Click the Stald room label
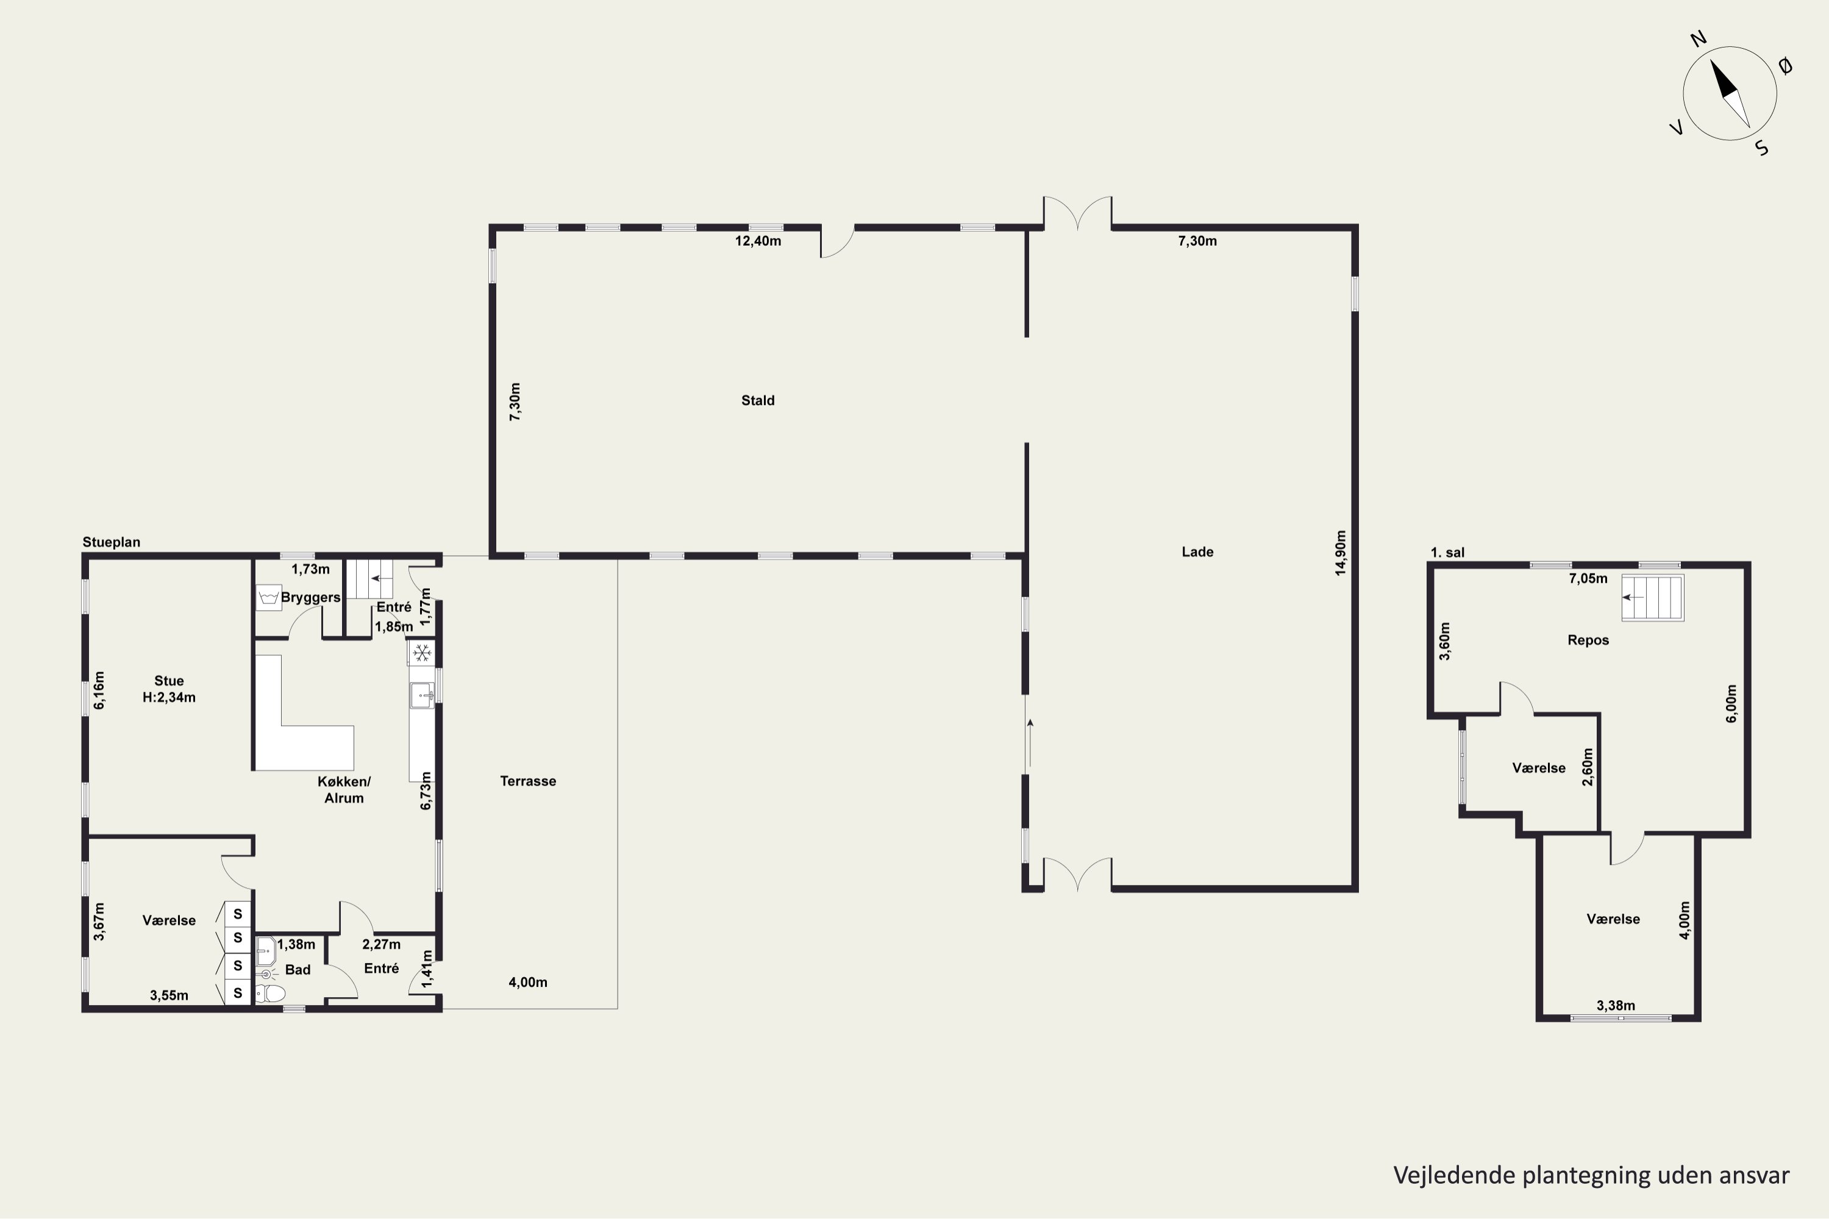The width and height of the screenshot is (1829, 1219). click(757, 400)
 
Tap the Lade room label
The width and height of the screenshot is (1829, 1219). click(1197, 552)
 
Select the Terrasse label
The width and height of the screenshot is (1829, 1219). click(528, 781)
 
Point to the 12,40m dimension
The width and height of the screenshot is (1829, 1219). click(758, 241)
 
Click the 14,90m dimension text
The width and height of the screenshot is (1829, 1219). click(1340, 553)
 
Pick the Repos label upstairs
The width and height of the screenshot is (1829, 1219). click(1588, 641)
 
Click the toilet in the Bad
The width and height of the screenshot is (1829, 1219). click(271, 993)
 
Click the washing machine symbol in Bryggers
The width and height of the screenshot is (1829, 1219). click(268, 598)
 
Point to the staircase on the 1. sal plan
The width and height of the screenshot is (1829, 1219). click(1652, 597)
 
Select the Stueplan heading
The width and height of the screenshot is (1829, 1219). click(111, 542)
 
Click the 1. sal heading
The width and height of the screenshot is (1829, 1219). click(1447, 553)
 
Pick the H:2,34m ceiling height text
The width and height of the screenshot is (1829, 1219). click(169, 697)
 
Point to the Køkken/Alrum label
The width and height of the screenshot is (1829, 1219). click(344, 790)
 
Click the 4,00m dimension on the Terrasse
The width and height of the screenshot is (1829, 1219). click(528, 982)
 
